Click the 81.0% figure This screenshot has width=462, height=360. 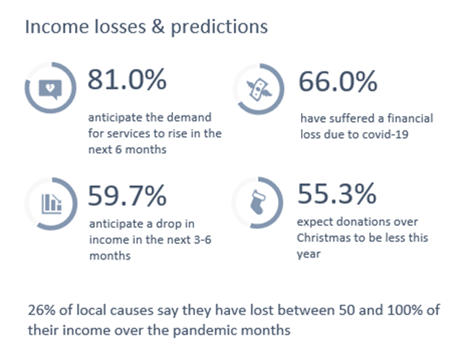pos(127,79)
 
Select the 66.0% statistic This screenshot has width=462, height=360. pos(338,82)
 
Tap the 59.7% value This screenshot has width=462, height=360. pos(127,196)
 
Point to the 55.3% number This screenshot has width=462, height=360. pos(337,193)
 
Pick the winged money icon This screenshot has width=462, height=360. pos(259,89)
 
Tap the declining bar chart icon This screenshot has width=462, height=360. pos(51,203)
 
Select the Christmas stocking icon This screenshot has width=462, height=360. pos(258,202)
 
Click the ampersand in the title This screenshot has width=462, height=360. pos(159,26)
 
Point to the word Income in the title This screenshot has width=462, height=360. pos(58,27)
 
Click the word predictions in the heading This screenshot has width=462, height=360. pos(219,27)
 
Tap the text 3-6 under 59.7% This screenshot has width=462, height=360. pos(202,240)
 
